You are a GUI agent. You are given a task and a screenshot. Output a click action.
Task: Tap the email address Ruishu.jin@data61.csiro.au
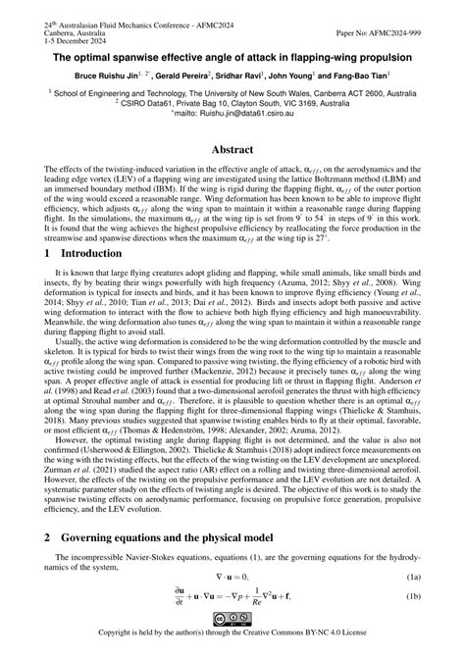249,113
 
